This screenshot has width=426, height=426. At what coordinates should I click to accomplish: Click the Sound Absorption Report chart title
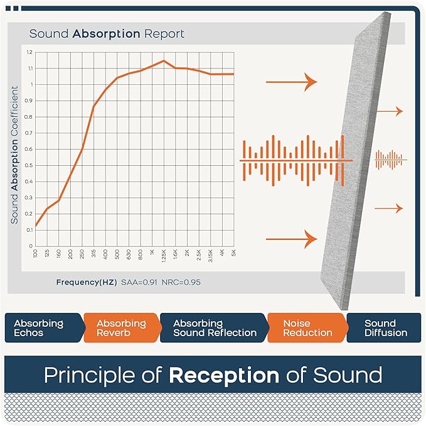pos(107,33)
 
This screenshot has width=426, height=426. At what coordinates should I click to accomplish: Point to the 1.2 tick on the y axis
pos(29,52)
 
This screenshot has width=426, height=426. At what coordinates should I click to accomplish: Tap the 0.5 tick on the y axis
pos(29,165)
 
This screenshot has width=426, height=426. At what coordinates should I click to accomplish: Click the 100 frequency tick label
pos(36,253)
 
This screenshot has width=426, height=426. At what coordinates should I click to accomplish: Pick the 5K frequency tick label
pos(234,253)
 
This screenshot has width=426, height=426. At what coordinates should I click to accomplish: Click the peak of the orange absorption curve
pos(164,61)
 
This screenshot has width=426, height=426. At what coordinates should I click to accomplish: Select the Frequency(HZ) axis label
pos(86,282)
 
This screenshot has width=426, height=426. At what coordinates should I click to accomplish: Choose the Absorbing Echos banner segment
pos(40,328)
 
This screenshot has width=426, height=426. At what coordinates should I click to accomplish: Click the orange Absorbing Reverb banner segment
pos(121,328)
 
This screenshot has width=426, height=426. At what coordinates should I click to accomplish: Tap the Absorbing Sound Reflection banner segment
pos(213,328)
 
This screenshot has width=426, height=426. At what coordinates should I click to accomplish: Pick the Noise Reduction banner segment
pos(306,328)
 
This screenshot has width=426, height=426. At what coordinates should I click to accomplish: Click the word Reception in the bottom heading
pos(223,376)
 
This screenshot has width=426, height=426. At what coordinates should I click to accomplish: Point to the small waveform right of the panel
pos(390,160)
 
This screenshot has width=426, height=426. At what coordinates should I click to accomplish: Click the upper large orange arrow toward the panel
pos(292,82)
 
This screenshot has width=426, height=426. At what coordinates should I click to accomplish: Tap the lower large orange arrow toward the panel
pos(292,239)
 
